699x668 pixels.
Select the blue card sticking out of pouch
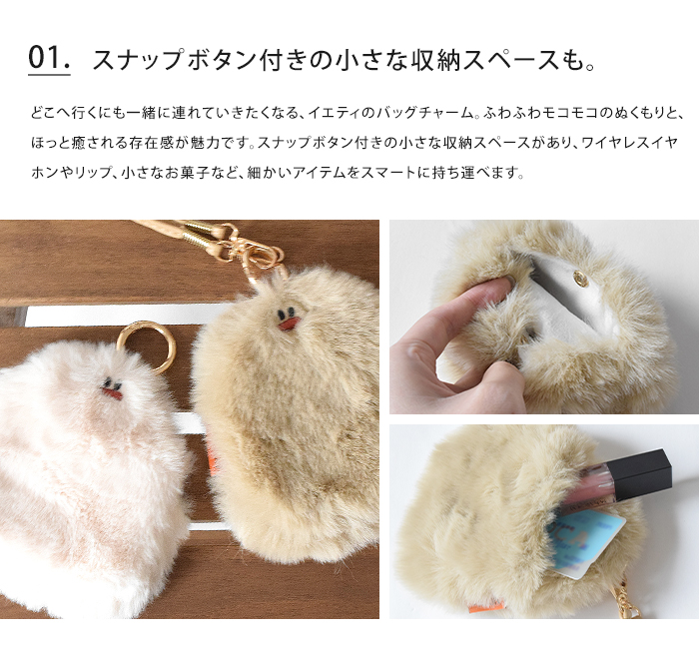[x=588, y=540]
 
